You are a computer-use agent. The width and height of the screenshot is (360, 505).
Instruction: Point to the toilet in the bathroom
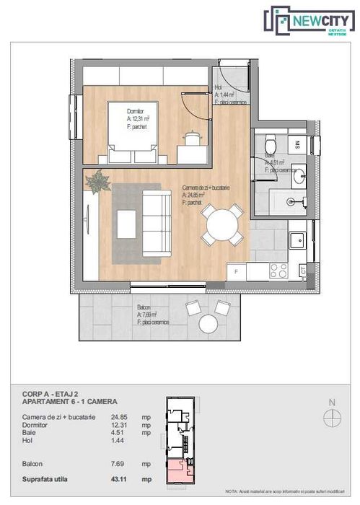(271, 142)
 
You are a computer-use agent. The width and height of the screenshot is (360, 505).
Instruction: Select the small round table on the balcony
(209, 322)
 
